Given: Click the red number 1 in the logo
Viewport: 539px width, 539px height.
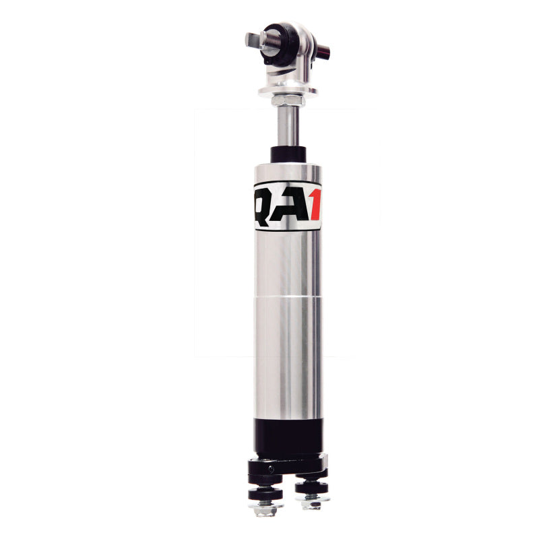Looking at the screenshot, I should click(314, 205).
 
